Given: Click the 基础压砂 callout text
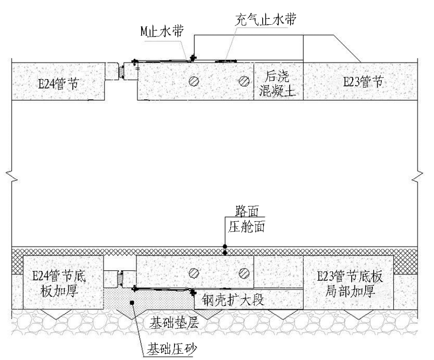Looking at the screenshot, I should click(174, 348).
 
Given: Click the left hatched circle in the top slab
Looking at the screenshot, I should click(194, 81).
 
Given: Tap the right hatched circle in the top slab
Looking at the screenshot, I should click(244, 81).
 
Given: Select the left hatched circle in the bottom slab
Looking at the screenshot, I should click(194, 272).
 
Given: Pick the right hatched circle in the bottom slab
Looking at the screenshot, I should click(244, 272).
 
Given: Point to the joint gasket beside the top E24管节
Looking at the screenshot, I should click(121, 72).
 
